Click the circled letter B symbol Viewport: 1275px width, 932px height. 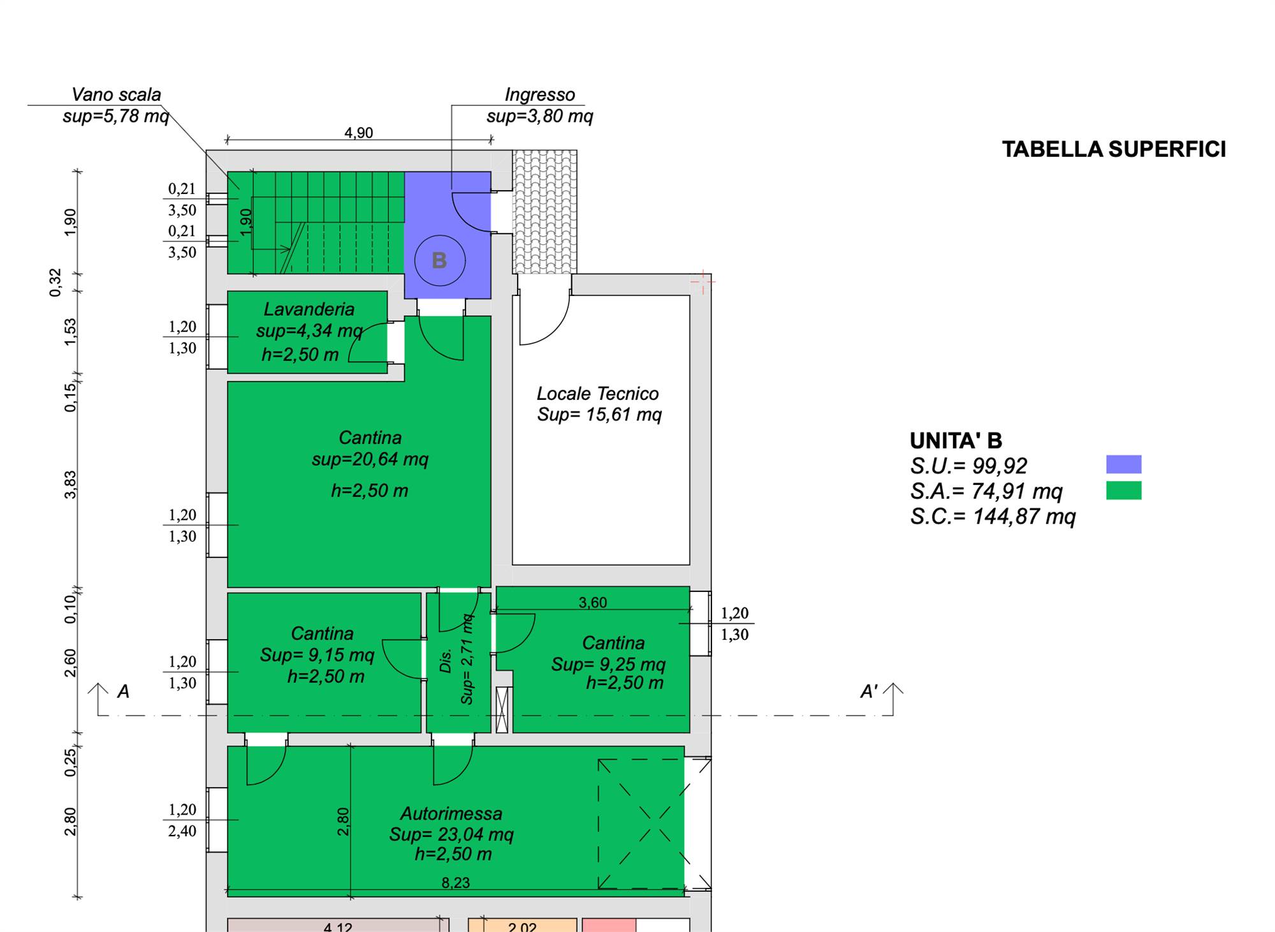(440, 260)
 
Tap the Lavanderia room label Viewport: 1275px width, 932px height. (309, 309)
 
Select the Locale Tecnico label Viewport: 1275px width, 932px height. (597, 394)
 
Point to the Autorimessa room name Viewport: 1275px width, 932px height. (451, 813)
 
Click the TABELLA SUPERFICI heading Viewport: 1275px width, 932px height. (1114, 149)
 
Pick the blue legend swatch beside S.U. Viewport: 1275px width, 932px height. (1123, 464)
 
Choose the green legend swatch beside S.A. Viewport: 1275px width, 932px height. (1123, 490)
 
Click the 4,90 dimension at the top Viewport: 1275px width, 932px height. (358, 133)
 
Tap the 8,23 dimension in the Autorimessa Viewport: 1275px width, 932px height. (456, 882)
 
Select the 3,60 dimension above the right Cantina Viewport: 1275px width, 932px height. (592, 602)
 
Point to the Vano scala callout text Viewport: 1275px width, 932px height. (116, 95)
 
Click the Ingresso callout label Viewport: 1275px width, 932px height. (540, 95)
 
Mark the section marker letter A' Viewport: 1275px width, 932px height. (869, 692)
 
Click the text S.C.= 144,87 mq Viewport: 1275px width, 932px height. (993, 516)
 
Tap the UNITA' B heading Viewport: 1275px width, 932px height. (956, 441)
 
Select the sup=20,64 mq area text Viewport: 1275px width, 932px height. (370, 459)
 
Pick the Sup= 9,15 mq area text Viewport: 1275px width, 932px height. (317, 655)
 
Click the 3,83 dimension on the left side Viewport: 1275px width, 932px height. (70, 485)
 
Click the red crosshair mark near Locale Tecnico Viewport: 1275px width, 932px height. (703, 281)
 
